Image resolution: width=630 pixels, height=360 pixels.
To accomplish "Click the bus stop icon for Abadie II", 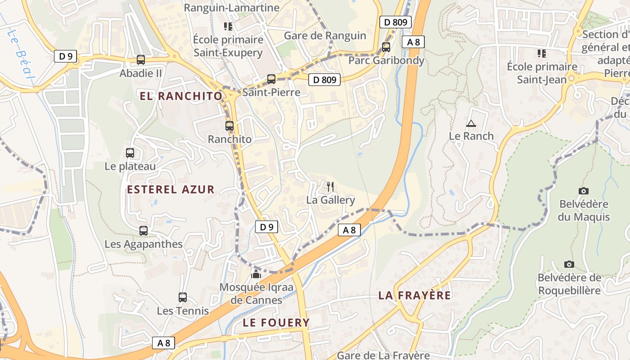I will click(141, 59).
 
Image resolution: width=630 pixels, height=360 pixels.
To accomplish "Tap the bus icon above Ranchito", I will click(229, 126).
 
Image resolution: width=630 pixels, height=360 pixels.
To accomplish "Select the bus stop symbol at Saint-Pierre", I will click(271, 79).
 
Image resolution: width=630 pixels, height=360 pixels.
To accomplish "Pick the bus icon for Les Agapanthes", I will click(144, 231).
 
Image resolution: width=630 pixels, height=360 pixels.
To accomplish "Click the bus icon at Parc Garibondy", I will click(386, 47).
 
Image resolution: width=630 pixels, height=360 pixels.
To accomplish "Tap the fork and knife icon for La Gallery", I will click(330, 186).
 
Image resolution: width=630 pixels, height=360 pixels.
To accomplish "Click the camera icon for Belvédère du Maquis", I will click(584, 191).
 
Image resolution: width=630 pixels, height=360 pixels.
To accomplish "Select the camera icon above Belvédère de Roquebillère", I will click(569, 265).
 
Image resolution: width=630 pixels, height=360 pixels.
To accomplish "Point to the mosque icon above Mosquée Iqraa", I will click(256, 273).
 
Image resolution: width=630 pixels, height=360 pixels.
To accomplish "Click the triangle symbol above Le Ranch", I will click(471, 123).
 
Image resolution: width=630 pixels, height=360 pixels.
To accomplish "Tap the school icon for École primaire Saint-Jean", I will click(542, 54).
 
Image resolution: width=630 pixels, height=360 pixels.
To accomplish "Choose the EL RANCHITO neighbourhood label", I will click(181, 96).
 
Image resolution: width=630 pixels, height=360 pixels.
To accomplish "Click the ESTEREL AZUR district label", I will click(171, 189).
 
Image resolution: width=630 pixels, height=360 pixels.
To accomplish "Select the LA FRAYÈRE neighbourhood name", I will click(414, 295).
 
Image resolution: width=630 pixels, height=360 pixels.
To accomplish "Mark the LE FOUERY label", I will click(276, 322).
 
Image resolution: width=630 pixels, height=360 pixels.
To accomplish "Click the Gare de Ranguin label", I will click(325, 36).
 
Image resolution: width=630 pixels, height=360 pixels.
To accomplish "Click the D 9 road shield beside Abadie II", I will click(66, 56).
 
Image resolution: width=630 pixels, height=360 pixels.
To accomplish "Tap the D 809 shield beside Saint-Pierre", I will click(324, 80).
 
